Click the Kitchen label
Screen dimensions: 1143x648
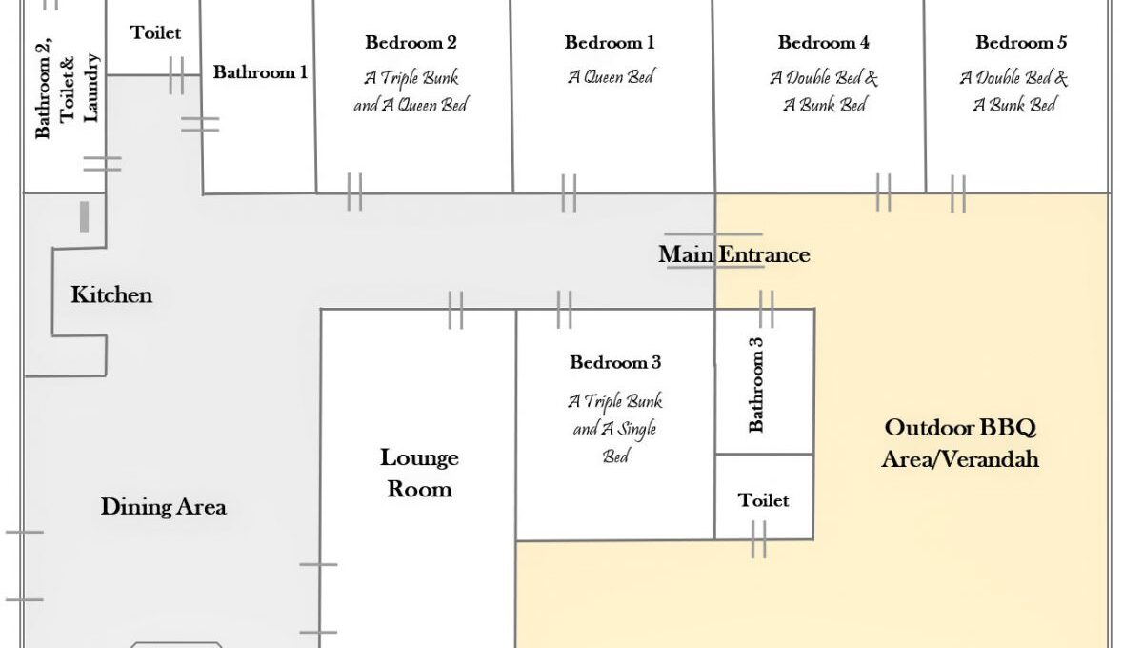[x=111, y=294]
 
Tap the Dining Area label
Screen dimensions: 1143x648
[x=163, y=507]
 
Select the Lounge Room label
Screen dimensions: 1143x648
[x=419, y=473]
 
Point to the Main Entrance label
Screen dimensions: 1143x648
[x=733, y=254]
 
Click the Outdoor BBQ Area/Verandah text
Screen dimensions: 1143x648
[x=960, y=443]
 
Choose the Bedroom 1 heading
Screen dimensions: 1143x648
[x=610, y=42]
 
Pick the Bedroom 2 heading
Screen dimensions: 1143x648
[x=411, y=42]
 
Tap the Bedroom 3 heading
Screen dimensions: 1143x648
[x=615, y=362]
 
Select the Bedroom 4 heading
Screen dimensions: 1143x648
[x=823, y=42]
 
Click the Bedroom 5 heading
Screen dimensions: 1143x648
[x=1021, y=42]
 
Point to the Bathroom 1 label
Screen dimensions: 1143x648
[x=260, y=72]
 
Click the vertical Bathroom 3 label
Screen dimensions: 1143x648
[x=755, y=385]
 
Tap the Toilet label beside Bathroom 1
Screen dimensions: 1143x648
[x=155, y=32]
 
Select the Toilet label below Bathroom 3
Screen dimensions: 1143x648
[x=763, y=500]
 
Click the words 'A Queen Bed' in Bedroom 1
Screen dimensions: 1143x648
[x=611, y=77]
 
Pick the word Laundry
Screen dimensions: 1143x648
[x=90, y=89]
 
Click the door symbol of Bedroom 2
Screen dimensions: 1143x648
[x=354, y=192]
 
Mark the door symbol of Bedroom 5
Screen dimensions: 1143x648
[x=958, y=194]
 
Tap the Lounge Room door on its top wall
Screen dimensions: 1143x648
[x=455, y=310]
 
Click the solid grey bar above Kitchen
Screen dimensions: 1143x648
[x=84, y=216]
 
